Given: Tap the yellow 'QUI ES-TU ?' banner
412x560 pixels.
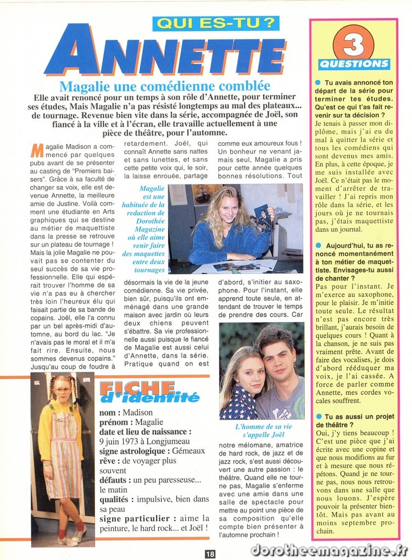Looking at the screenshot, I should [x=216, y=23].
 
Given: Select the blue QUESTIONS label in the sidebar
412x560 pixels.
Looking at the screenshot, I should [x=354, y=64].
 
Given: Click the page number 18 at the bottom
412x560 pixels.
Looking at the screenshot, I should [x=210, y=553].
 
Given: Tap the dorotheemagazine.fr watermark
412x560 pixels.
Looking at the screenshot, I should [x=329, y=549].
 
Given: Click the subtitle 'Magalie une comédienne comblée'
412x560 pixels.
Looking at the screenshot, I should [x=164, y=86].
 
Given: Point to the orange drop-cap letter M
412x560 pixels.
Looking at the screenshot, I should [x=37, y=150].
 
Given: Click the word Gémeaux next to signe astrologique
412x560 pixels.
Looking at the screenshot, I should [x=188, y=451].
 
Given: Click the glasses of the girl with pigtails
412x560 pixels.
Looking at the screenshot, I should [x=62, y=390].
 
